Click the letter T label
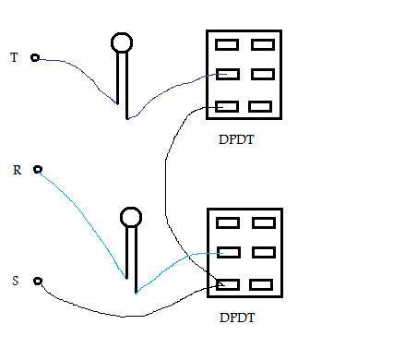(x=14, y=57)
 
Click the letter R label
(x=18, y=170)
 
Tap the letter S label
(x=16, y=281)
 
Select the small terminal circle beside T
(x=35, y=57)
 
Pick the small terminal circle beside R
(x=38, y=169)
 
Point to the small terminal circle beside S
(x=38, y=281)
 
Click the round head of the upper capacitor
(x=122, y=42)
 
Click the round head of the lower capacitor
(x=131, y=217)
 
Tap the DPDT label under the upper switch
(x=236, y=139)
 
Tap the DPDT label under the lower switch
(x=237, y=318)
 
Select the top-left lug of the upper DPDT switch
(x=227, y=44)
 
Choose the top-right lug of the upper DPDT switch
(x=263, y=44)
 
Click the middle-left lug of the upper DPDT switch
(x=228, y=74)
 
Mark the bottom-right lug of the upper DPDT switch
(x=260, y=107)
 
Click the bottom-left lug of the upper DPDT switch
(x=227, y=107)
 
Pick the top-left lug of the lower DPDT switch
(x=228, y=222)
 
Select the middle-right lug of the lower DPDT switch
(x=264, y=252)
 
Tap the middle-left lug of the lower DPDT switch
(x=229, y=252)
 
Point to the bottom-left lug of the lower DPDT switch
(x=228, y=285)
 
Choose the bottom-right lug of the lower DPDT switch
(x=261, y=285)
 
